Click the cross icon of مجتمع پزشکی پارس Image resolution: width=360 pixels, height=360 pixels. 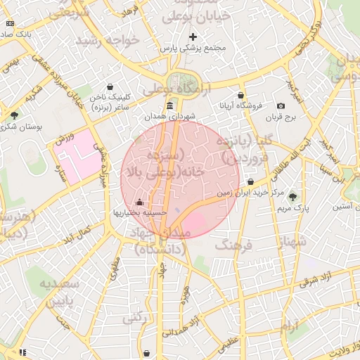point(193,36)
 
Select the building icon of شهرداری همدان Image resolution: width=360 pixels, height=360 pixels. point(170,105)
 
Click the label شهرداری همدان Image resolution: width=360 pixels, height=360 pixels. point(170,117)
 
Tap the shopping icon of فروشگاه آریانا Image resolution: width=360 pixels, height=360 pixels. point(241,95)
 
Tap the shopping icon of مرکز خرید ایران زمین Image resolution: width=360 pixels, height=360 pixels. point(250,181)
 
